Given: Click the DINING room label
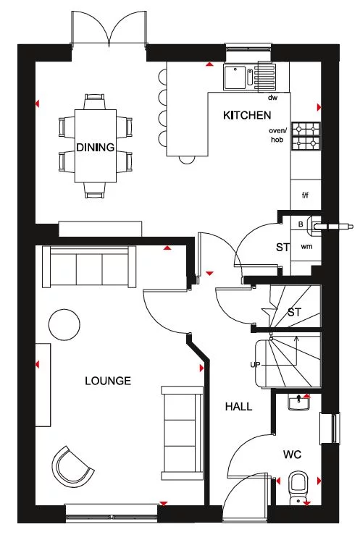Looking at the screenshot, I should (96, 148).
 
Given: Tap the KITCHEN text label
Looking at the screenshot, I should (246, 115).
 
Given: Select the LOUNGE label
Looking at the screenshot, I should (107, 380).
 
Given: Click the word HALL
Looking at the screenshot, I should (238, 407).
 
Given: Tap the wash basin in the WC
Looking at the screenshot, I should (298, 402).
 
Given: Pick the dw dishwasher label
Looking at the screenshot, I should (273, 97).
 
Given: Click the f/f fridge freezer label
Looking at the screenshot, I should (305, 195).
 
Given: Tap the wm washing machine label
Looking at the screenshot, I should (306, 247).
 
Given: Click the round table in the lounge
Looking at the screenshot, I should (64, 324).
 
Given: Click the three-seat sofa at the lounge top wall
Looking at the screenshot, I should (89, 267).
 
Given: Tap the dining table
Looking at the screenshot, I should (96, 145).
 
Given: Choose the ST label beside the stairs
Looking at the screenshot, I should (294, 312).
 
